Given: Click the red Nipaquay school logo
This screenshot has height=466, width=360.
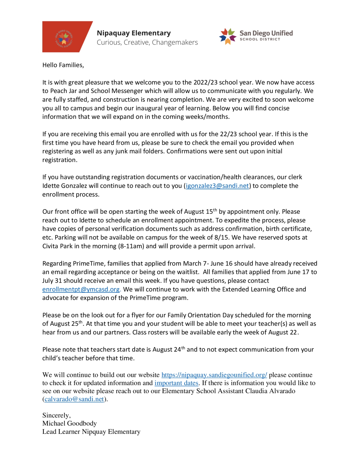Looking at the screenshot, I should pyautogui.click(x=64, y=37).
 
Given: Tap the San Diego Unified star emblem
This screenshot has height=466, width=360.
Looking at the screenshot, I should pyautogui.click(x=228, y=36).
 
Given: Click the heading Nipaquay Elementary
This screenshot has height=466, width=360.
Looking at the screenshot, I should pyautogui.click(x=133, y=33).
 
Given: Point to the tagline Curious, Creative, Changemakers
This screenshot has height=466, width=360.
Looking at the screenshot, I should pyautogui.click(x=147, y=43).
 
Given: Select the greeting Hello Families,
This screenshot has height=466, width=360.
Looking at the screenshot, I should pyautogui.click(x=63, y=65).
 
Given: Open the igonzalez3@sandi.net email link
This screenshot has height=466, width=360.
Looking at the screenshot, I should pyautogui.click(x=217, y=186).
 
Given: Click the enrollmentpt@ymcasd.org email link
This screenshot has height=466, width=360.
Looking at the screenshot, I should pyautogui.click(x=81, y=289).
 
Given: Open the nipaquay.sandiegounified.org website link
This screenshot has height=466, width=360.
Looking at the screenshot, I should pyautogui.click(x=214, y=375).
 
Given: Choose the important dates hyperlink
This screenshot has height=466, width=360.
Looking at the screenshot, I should pyautogui.click(x=176, y=383).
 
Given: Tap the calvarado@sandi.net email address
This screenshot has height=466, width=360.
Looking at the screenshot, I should pyautogui.click(x=74, y=399).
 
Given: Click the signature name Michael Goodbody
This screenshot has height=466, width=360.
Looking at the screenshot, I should pyautogui.click(x=69, y=423).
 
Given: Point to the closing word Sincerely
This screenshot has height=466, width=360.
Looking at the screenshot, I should pyautogui.click(x=56, y=415).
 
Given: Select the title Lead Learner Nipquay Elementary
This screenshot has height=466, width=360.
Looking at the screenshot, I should pyautogui.click(x=91, y=432).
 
